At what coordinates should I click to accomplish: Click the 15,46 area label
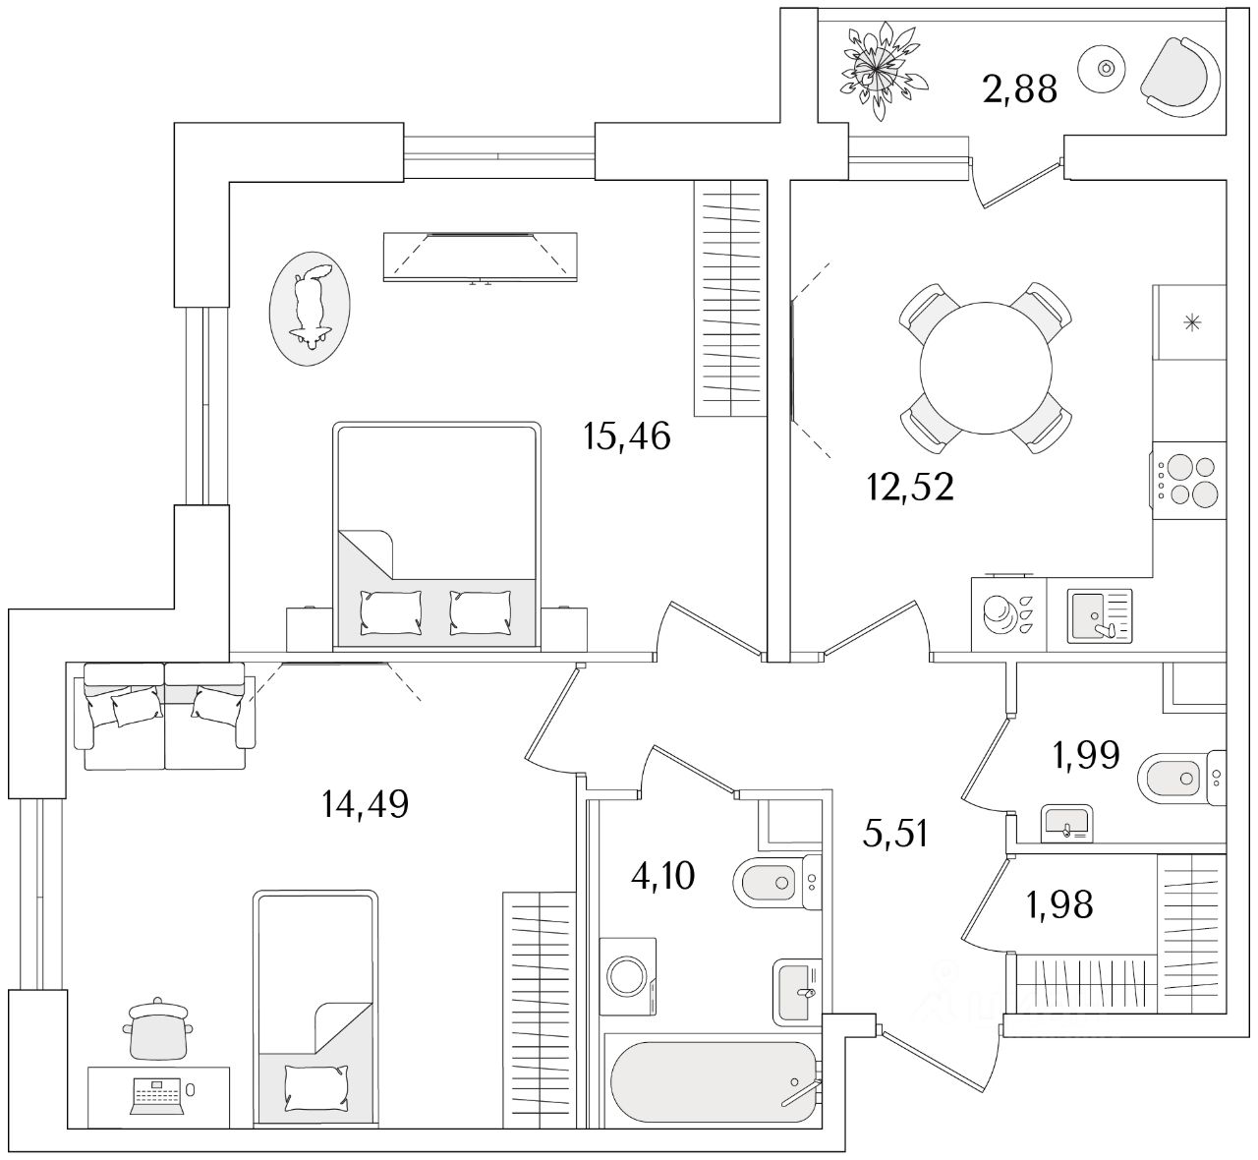pyautogui.click(x=626, y=435)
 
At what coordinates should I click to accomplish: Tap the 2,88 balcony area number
pyautogui.click(x=1019, y=88)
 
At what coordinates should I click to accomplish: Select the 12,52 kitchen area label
pyautogui.click(x=910, y=486)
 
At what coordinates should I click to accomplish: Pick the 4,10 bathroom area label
pyautogui.click(x=664, y=874)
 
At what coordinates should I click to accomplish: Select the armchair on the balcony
pyautogui.click(x=1182, y=75)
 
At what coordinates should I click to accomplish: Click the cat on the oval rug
pyautogui.click(x=311, y=306)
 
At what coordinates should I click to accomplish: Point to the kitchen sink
pyautogui.click(x=1100, y=615)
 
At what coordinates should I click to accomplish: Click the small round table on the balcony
pyautogui.click(x=1106, y=68)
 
